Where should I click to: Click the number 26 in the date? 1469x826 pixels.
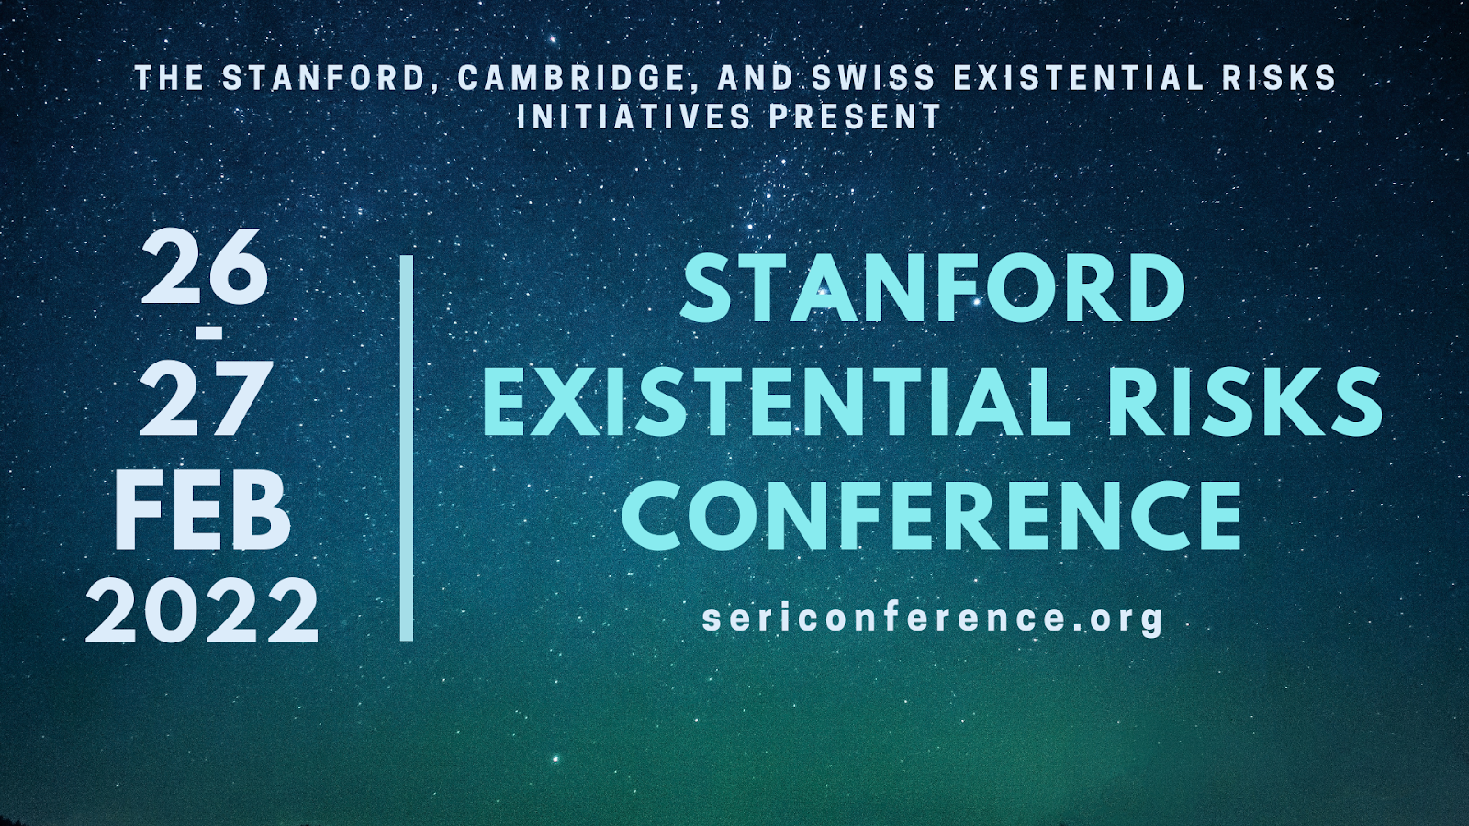[x=205, y=267]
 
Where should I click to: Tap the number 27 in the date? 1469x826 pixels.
[x=206, y=398]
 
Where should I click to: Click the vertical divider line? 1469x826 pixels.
[x=407, y=448]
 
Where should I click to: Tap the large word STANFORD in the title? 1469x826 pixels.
[x=933, y=288]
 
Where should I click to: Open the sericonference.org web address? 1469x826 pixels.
[x=933, y=619]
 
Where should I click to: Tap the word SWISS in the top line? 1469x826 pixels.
[x=873, y=79]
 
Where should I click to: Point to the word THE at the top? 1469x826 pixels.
[x=169, y=79]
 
